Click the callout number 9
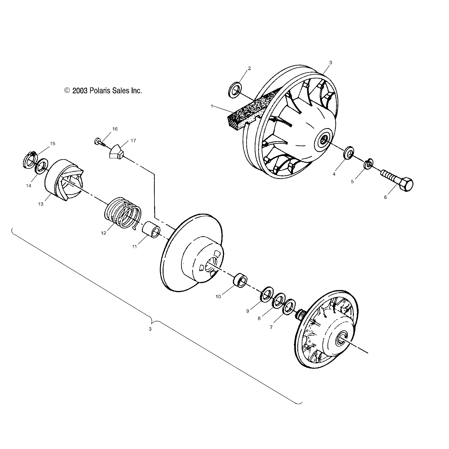tap(248, 311)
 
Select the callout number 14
tap(28, 186)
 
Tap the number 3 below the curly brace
tap(150, 329)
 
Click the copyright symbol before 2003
tap(67, 90)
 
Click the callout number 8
tap(259, 318)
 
